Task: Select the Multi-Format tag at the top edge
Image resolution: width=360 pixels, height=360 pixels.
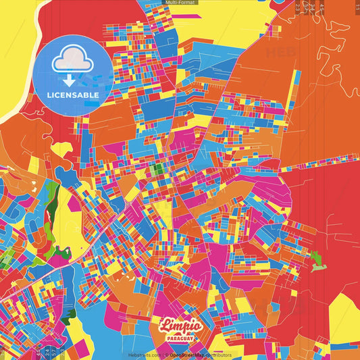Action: coord(180,3)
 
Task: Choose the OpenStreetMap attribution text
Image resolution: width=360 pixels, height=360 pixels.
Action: coord(188,355)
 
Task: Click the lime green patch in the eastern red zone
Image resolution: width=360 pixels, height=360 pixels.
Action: coord(315,258)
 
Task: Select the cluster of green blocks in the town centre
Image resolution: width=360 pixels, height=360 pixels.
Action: coord(157,169)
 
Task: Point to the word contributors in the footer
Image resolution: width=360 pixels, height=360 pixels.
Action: coord(219,355)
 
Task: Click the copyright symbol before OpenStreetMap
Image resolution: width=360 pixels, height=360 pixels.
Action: coord(166,355)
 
